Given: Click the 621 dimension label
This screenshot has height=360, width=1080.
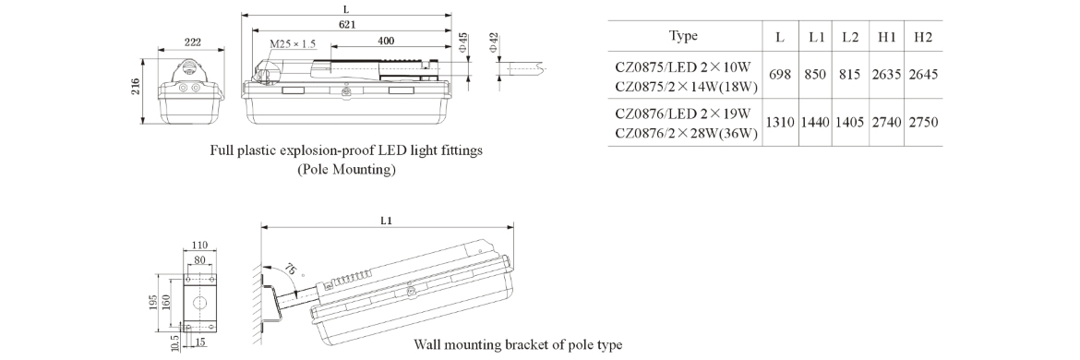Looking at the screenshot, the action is tap(346, 25).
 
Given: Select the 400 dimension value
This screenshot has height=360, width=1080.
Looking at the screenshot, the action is tap(386, 42).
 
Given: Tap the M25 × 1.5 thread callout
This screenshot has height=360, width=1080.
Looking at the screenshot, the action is tap(292, 44).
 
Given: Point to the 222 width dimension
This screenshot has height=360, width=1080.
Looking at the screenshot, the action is tap(192, 42).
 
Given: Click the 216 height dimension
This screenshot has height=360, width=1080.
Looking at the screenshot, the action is tap(136, 86).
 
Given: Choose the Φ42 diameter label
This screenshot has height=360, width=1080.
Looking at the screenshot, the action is tap(493, 43).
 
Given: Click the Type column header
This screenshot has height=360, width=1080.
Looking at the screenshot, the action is tap(683, 36).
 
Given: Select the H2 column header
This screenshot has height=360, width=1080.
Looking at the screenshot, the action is tap(923, 37).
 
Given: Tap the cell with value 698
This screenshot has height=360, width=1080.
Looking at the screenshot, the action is tap(780, 75).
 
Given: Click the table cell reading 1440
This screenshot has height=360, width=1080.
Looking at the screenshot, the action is tap(815, 123).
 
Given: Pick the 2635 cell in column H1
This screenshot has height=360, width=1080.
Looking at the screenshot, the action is tap(886, 75).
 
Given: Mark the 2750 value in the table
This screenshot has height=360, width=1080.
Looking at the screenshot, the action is tap(923, 123).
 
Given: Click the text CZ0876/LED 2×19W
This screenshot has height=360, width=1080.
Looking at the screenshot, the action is tap(683, 113).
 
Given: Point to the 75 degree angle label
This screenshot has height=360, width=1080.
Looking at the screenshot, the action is tap(292, 270).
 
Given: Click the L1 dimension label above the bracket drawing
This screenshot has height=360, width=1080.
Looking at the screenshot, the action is tap(387, 221).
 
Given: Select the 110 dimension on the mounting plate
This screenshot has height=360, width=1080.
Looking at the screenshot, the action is tap(199, 246).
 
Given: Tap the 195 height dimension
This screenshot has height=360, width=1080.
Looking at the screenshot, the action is tap(153, 302).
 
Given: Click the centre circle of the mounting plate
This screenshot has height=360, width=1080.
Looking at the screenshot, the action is tap(199, 302).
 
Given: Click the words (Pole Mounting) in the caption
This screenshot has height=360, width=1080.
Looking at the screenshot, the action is tap(346, 169).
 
